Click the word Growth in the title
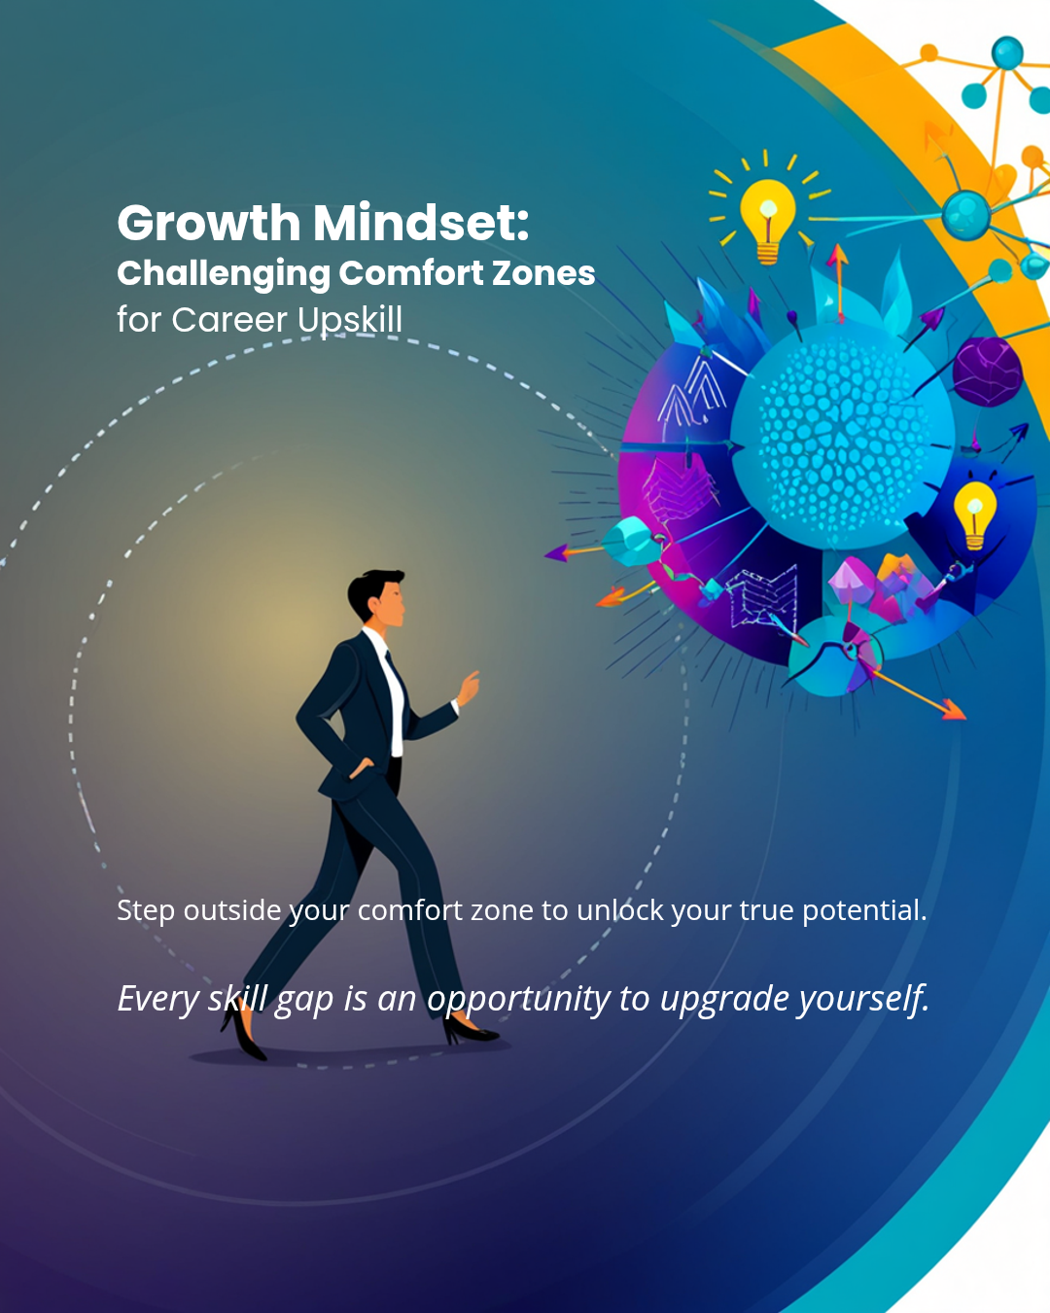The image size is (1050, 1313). pos(209,223)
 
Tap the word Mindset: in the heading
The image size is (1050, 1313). pos(421,223)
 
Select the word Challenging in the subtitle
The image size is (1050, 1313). pos(224,274)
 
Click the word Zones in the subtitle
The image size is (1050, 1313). pos(543,272)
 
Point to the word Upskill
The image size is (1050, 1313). pos(350,321)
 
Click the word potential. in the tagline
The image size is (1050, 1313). pos(864,911)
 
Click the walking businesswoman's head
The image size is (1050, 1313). pos(377,598)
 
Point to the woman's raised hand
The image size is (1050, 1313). pos(469,689)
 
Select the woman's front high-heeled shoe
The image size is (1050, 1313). pos(470,1031)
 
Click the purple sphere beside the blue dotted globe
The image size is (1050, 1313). pos(987,372)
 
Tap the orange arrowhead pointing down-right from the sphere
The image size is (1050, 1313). pos(954,710)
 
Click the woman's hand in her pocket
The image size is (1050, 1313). pos(362,768)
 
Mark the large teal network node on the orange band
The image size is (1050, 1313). pos(965,215)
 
